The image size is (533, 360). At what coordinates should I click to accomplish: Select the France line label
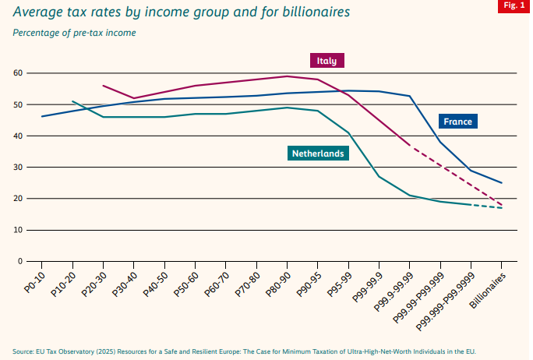coord(457,121)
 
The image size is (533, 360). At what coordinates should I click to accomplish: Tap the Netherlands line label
coord(317,154)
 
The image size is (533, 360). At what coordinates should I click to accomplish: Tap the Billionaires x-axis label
coord(489,292)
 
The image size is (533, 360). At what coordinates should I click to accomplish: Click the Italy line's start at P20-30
coord(103,86)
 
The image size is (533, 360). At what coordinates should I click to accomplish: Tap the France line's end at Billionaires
coord(501,183)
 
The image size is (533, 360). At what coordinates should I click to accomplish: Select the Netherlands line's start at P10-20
coord(72,101)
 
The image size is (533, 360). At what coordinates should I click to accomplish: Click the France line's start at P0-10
coord(42,116)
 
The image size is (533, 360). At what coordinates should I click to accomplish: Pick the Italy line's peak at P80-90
coord(287,76)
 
